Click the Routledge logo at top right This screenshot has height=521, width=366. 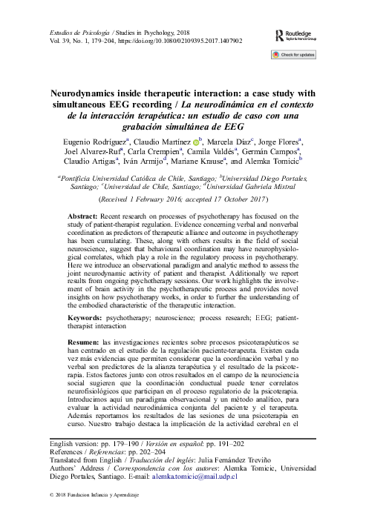click(x=301, y=35)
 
